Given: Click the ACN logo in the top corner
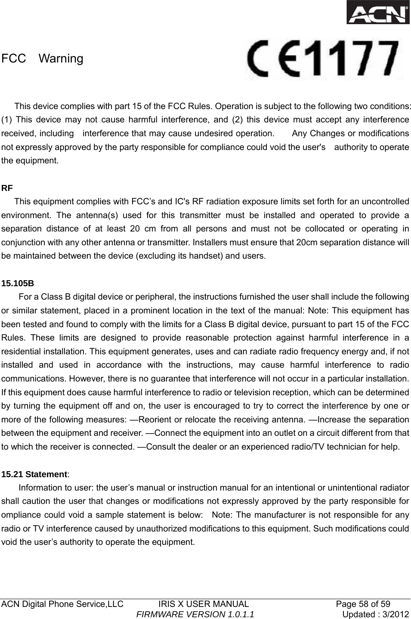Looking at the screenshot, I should click(378, 13).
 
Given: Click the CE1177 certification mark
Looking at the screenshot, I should click(324, 59).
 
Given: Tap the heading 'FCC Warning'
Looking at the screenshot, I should click(42, 59).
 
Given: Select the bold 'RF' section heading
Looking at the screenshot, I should click(7, 188).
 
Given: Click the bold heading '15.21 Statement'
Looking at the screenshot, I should click(34, 475).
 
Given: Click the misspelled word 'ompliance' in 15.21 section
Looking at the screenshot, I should click(19, 515).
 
